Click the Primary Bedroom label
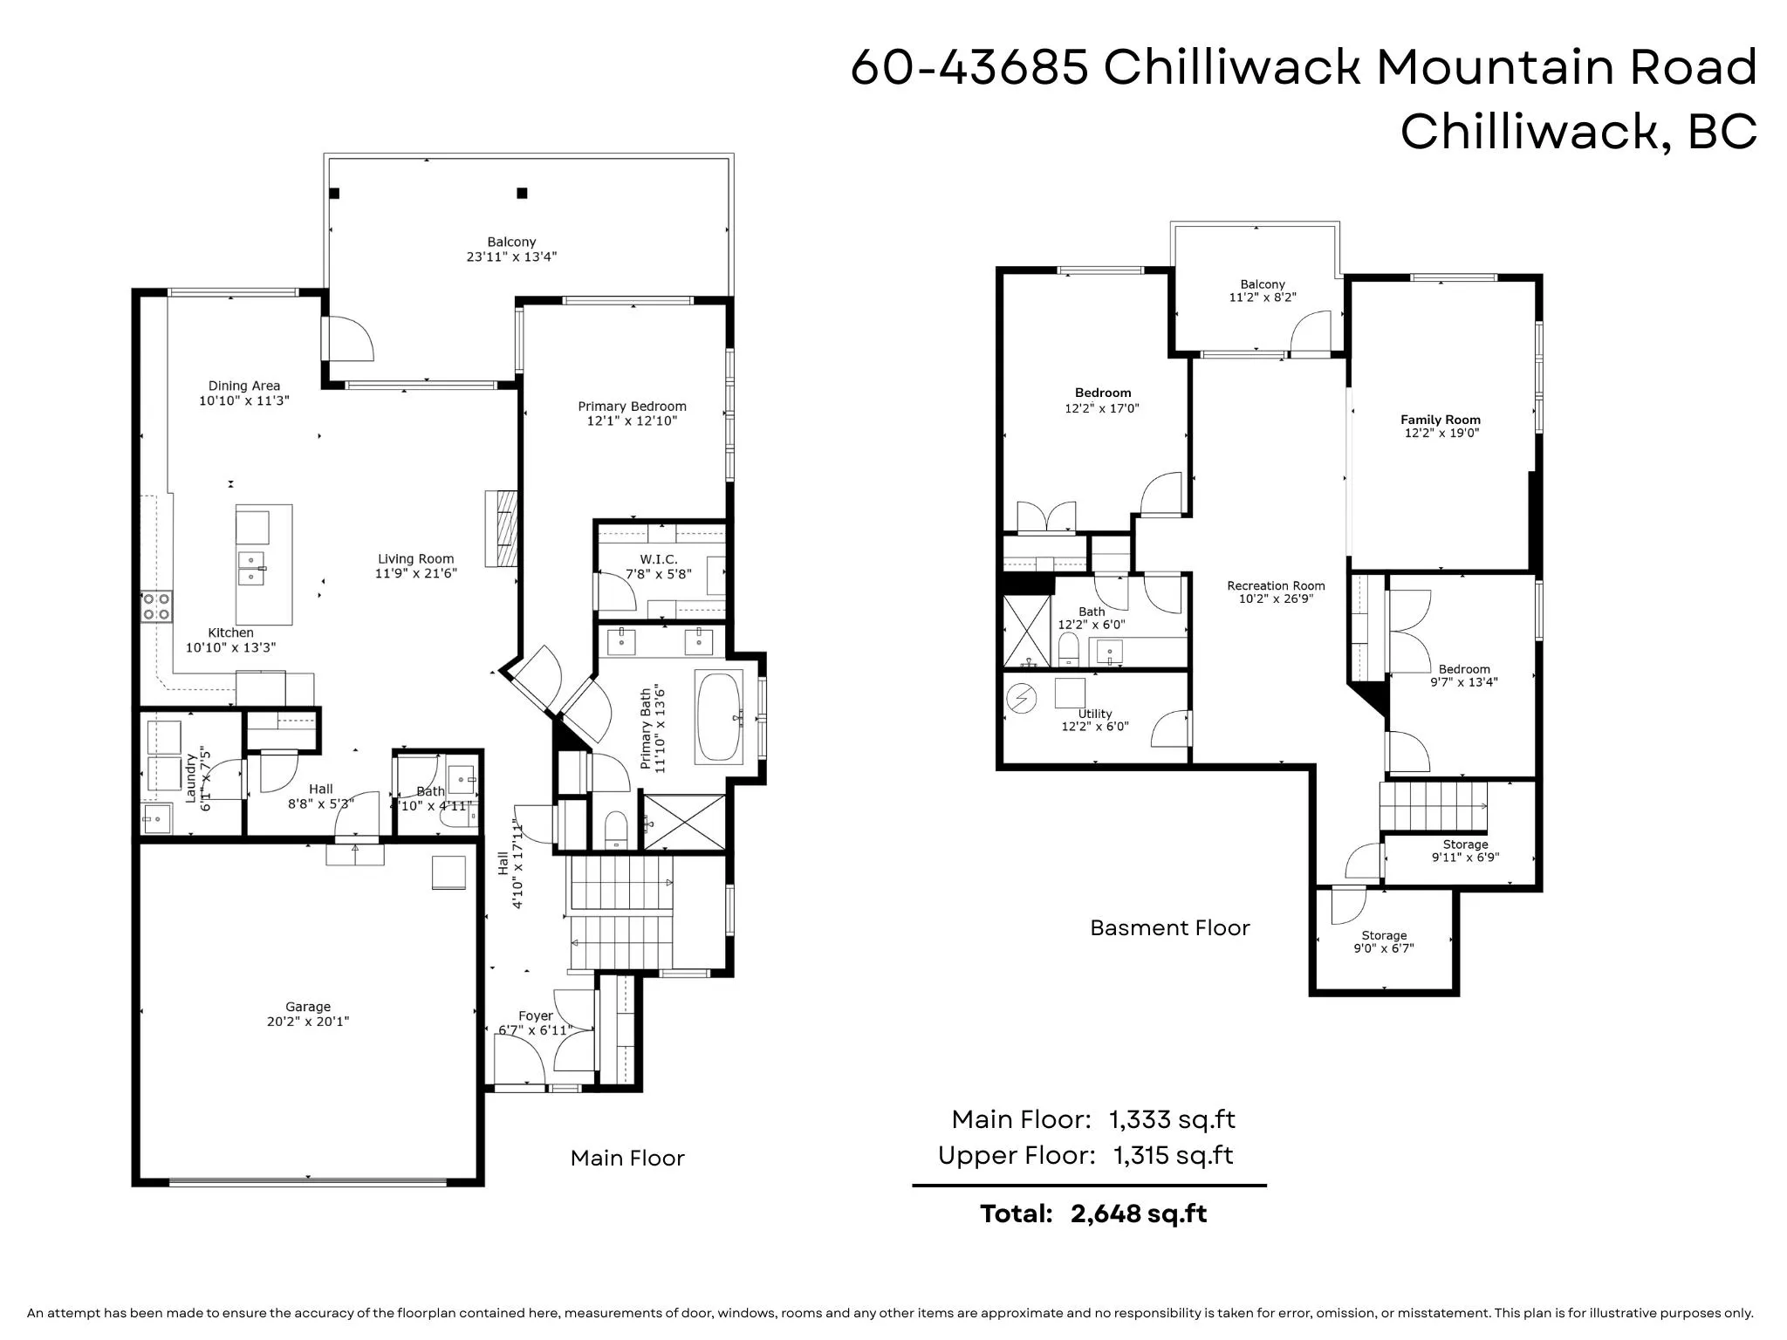click(632, 407)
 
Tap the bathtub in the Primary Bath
click(719, 717)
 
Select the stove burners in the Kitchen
click(157, 606)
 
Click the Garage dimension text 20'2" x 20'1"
click(308, 1022)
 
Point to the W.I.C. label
click(659, 559)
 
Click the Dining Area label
click(244, 386)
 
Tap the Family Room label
click(1441, 420)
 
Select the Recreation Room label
click(1276, 586)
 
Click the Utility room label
click(1095, 714)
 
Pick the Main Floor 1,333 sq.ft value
click(1172, 1119)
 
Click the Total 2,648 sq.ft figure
click(1139, 1214)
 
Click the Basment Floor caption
click(1170, 927)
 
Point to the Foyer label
click(536, 1016)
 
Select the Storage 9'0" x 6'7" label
click(1384, 942)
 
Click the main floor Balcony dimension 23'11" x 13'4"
click(511, 256)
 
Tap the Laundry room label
click(190, 778)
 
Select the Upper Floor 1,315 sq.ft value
click(1174, 1156)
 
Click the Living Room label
click(416, 559)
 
